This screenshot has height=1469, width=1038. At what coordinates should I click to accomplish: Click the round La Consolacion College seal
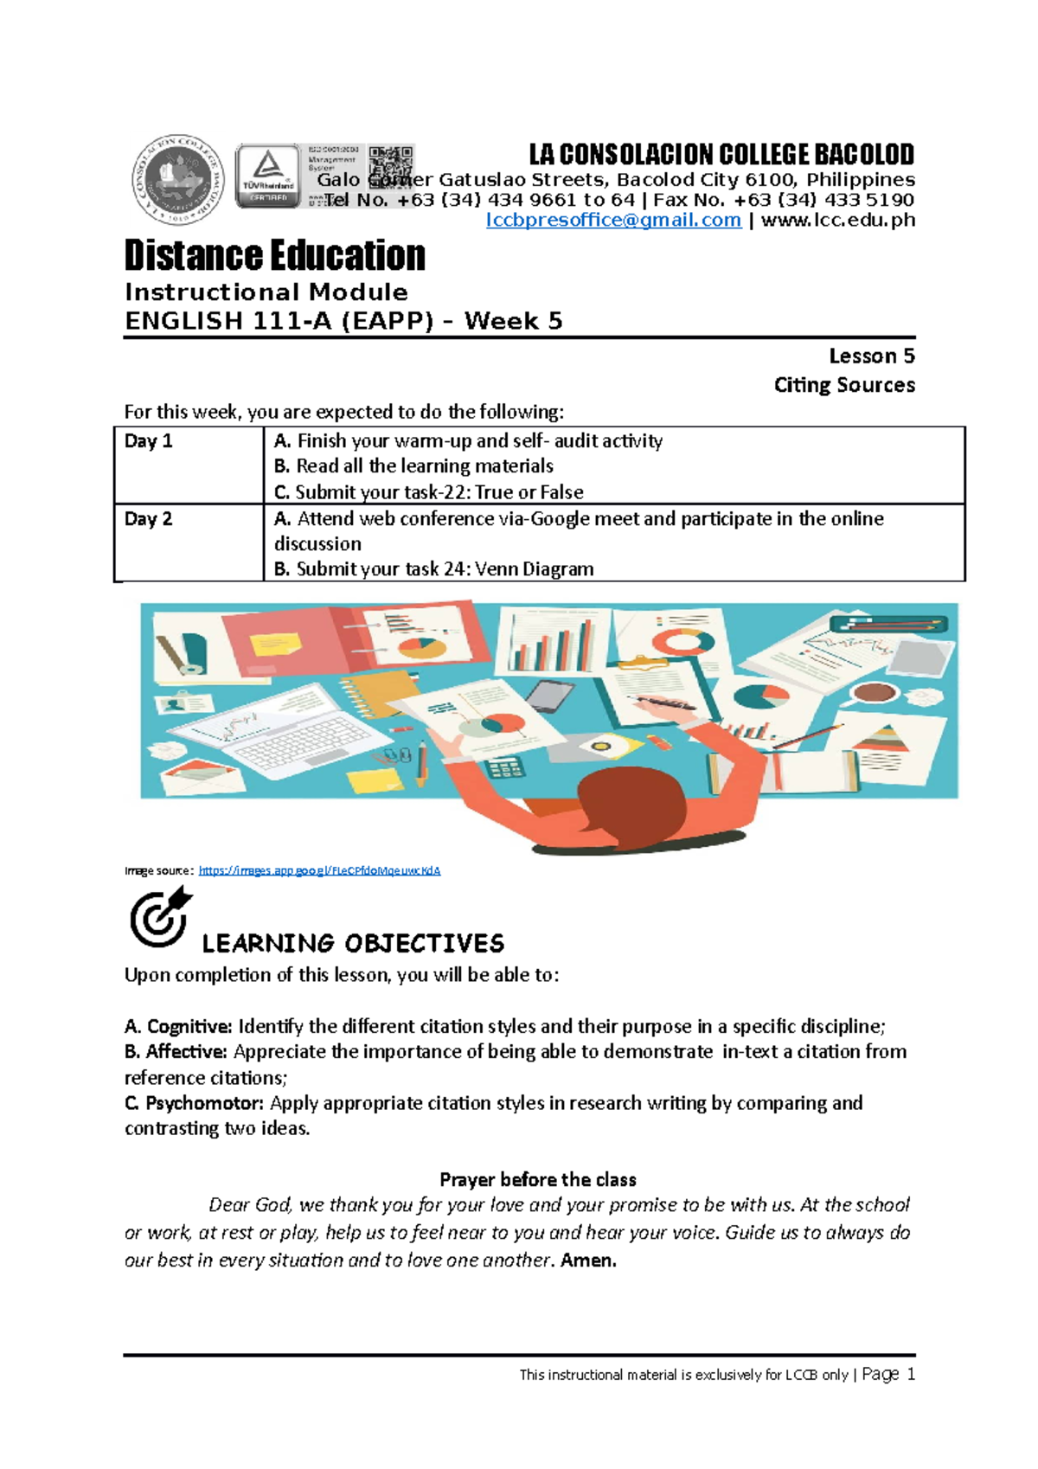click(177, 180)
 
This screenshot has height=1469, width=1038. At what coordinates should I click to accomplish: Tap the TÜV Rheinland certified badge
click(268, 176)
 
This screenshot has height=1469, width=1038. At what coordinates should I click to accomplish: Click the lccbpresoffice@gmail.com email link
click(613, 221)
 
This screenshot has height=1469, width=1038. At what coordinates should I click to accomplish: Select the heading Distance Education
click(275, 256)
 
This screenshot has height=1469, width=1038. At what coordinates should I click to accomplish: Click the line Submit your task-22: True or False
click(429, 492)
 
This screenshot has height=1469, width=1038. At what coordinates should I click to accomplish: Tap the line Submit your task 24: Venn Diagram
click(434, 569)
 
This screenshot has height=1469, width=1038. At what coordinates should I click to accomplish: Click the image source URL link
click(319, 870)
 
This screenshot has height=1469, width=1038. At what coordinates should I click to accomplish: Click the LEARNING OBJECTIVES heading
click(353, 943)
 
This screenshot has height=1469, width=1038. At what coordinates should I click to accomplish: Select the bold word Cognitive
click(189, 1027)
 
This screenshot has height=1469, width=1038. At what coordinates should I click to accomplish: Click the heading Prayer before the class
click(537, 1180)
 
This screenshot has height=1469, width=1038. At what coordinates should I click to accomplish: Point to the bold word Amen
click(588, 1261)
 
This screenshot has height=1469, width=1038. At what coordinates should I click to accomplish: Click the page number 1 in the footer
click(910, 1374)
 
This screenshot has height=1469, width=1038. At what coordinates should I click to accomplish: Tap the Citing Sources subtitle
click(844, 385)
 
